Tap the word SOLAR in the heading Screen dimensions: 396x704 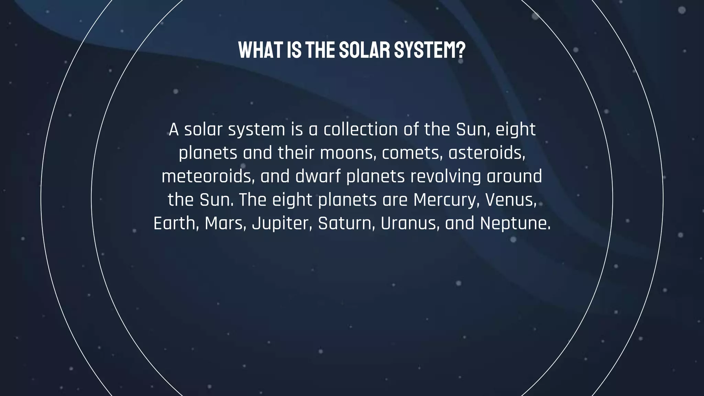coord(364,51)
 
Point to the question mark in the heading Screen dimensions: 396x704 coord(461,51)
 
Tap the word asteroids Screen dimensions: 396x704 coord(486,153)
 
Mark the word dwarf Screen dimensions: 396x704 coord(318,176)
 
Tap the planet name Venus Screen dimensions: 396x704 coord(510,200)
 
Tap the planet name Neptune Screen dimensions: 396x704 coord(515,223)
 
